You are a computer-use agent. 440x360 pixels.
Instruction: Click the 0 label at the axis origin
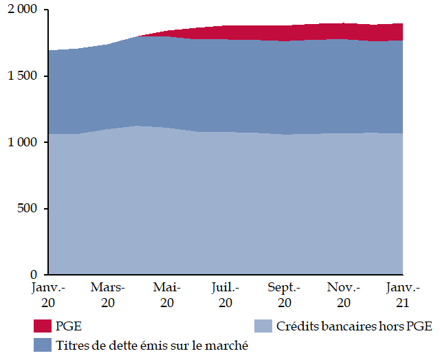click(x=38, y=274)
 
